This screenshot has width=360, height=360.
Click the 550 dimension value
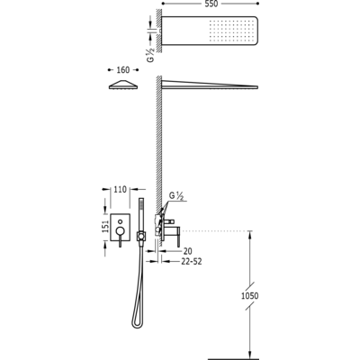coord(211,4)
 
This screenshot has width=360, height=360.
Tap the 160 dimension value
coord(122,70)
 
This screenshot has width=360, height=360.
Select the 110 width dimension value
coord(120,190)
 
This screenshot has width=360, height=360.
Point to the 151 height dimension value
coord(105,227)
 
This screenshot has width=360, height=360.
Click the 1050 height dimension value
coord(249,296)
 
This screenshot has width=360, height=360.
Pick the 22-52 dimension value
coord(192,262)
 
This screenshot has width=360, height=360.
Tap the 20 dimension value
coord(187,251)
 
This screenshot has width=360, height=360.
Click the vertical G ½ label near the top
coord(150,55)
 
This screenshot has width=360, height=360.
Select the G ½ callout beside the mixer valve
coord(176,196)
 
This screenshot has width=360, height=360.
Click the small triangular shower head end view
coord(123,85)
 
